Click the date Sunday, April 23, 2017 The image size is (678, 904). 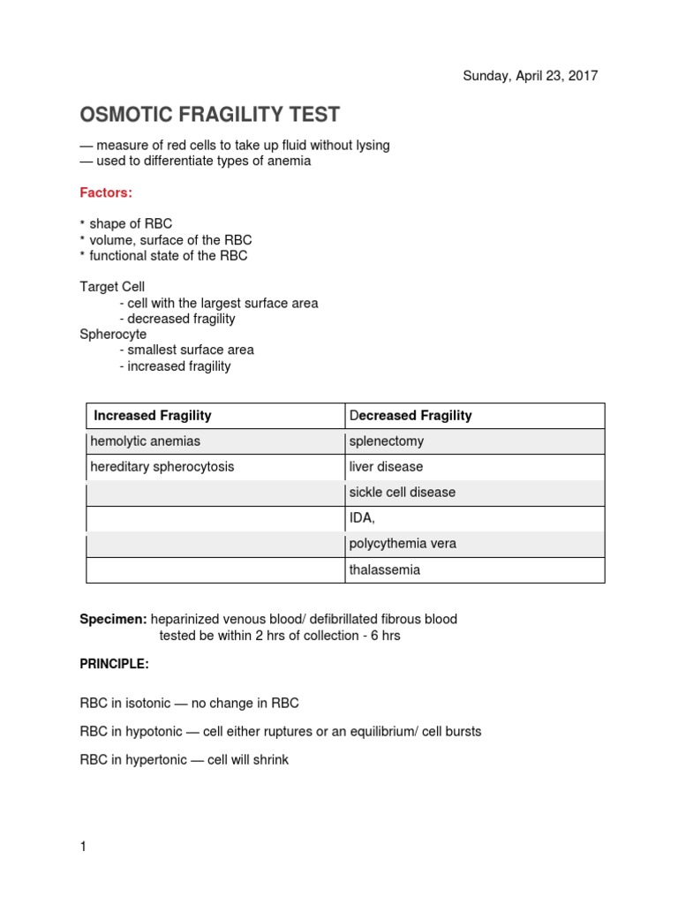[531, 76]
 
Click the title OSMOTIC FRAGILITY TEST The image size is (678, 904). [210, 116]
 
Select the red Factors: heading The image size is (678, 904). [106, 192]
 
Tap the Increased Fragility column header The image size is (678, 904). [153, 416]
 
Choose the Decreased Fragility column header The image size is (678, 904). [411, 416]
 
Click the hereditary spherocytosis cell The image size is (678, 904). [162, 467]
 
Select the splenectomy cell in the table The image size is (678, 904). [387, 441]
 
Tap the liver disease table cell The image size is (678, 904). [386, 467]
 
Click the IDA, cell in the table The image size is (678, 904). [363, 518]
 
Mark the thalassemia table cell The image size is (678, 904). [385, 570]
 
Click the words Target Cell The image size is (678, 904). [112, 287]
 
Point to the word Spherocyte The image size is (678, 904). [113, 335]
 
